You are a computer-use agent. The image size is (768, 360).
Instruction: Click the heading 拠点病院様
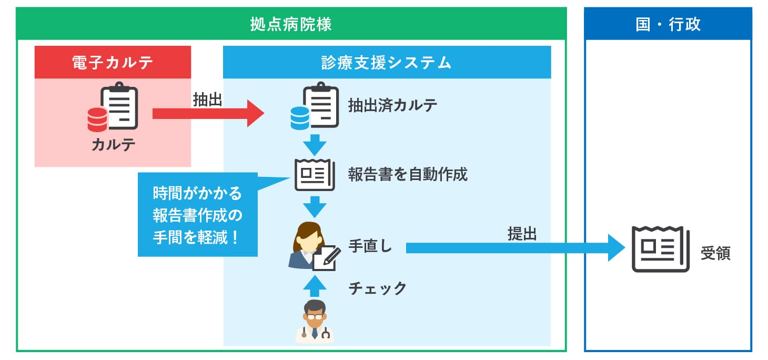[291, 24]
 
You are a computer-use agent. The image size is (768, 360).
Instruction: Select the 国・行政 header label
[668, 24]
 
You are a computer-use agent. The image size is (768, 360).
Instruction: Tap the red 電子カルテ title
[113, 63]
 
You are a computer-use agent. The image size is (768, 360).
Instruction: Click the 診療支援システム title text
[387, 63]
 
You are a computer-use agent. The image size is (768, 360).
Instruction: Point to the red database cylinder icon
[97, 119]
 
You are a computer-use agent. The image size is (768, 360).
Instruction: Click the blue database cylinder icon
[300, 118]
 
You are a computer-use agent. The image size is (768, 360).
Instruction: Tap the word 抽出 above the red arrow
[207, 100]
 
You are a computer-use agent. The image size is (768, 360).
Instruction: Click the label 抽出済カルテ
[392, 105]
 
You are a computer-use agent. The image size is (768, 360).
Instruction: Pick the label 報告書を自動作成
[408, 174]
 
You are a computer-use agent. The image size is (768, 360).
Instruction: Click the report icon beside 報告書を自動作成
[315, 174]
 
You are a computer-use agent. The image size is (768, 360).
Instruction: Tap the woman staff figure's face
[307, 237]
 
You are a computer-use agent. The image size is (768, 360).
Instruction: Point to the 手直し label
[370, 247]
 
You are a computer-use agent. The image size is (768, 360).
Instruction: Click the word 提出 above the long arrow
[522, 234]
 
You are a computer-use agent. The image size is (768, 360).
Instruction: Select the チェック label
[377, 288]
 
